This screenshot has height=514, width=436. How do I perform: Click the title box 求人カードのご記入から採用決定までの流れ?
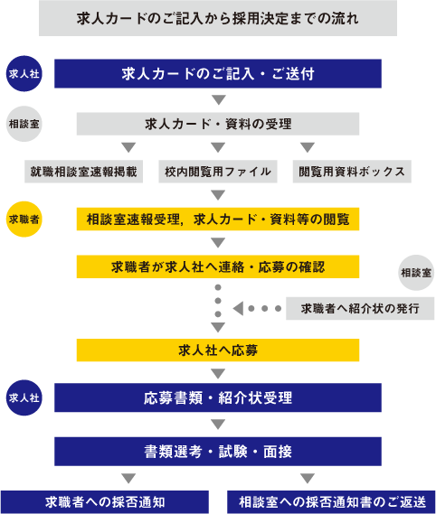(218, 18)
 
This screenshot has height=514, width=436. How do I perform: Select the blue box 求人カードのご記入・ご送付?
(218, 74)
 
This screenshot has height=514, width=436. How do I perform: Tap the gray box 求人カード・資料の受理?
(218, 124)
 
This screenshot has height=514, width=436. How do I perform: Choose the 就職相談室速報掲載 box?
(84, 172)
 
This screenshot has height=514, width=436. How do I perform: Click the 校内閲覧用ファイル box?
(218, 172)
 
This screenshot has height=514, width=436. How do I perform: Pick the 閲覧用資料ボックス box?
(352, 172)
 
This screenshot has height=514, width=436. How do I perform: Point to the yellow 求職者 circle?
(24, 220)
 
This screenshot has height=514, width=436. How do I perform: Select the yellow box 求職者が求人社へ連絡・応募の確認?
(218, 266)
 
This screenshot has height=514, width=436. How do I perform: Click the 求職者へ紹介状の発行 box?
(360, 308)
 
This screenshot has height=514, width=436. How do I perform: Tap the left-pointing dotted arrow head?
(239, 308)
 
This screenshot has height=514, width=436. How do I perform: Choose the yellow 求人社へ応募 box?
(218, 350)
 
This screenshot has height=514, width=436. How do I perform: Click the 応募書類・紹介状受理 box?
(218, 397)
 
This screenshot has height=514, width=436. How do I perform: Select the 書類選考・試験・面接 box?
(218, 452)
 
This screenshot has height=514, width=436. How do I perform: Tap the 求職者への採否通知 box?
(105, 502)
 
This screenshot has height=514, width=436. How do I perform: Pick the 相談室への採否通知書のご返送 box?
(331, 502)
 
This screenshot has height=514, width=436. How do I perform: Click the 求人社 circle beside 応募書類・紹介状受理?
(24, 397)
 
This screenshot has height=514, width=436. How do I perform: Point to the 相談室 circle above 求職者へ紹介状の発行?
(416, 273)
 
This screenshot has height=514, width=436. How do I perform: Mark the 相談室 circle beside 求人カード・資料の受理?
(24, 124)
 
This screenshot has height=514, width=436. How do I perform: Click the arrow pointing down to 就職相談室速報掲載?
(128, 147)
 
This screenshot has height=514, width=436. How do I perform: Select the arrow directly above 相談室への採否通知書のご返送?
(308, 478)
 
